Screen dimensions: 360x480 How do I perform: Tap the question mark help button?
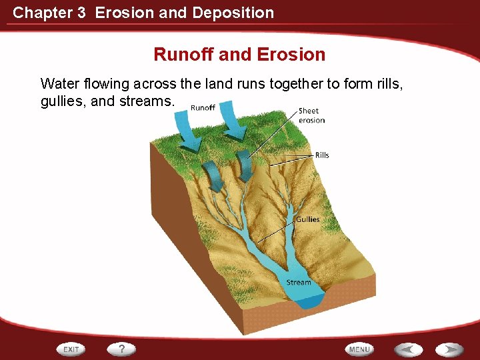pos(122,349)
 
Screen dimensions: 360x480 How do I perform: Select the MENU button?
pos(359,349)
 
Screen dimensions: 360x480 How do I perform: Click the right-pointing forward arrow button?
pos(450,349)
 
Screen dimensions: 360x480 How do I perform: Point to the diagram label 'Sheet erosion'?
pos(311,115)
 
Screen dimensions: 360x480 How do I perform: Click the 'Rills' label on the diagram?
pos(322,155)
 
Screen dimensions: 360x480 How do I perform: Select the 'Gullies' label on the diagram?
pos(307,219)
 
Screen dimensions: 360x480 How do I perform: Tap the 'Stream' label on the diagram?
pos(299,283)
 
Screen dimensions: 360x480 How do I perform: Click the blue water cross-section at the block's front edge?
pos(309,301)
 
